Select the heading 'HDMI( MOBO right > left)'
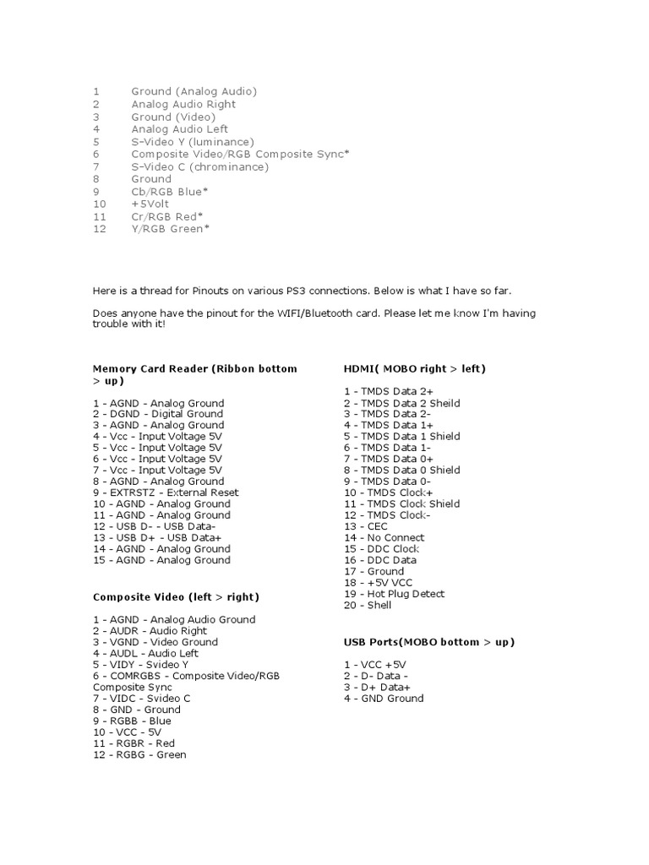[x=414, y=368]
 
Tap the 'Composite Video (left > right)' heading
[x=176, y=597]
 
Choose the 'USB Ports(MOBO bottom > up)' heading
[x=428, y=642]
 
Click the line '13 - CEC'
[x=366, y=526]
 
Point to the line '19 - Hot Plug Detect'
[x=394, y=594]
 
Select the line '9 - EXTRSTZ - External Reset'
[x=166, y=492]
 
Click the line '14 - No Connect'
[x=384, y=537]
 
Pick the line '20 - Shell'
[x=368, y=605]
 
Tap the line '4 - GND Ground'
[x=384, y=698]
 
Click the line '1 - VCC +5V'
[x=374, y=665]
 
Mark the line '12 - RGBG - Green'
[x=139, y=754]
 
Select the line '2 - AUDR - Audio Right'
[x=150, y=630]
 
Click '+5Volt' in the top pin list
[x=151, y=204]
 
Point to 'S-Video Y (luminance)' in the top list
[x=193, y=142]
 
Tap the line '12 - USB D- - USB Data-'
[x=160, y=526]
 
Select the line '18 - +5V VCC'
[x=379, y=583]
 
